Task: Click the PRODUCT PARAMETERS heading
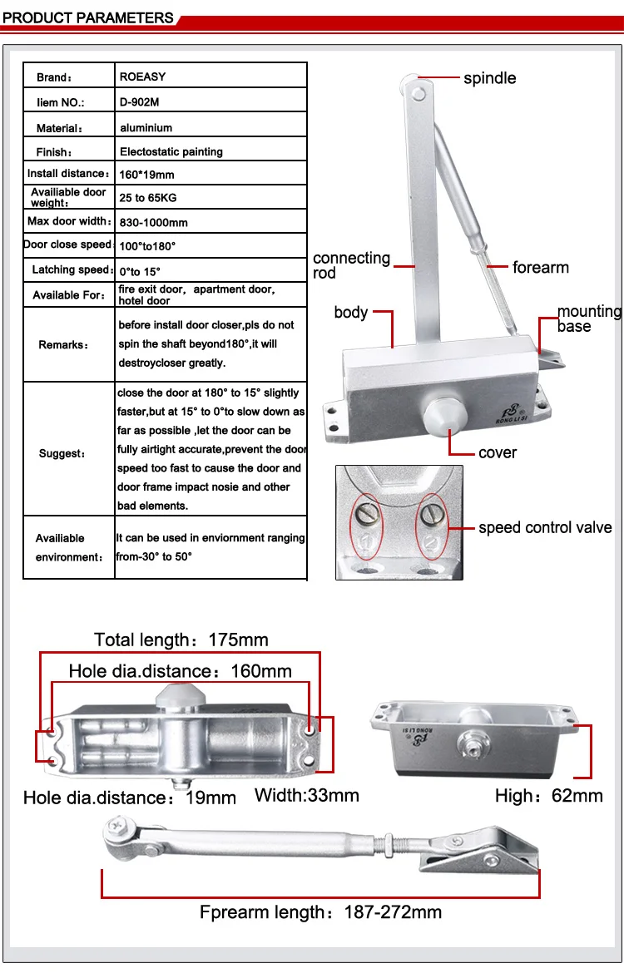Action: tap(88, 17)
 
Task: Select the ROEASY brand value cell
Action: tap(143, 77)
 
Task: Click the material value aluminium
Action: tap(146, 128)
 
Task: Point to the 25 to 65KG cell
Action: tap(148, 198)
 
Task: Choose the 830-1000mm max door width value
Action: tap(154, 222)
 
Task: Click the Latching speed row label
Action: tap(71, 270)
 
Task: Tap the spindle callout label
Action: tap(489, 78)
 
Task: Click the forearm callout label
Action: tap(541, 268)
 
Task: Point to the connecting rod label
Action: tap(351, 265)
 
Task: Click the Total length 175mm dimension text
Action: tap(181, 640)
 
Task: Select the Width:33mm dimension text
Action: tap(306, 795)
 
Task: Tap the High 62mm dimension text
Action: tap(548, 796)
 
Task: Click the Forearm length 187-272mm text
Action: tap(320, 912)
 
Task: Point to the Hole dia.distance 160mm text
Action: tap(180, 671)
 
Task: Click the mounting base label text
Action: tap(589, 319)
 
